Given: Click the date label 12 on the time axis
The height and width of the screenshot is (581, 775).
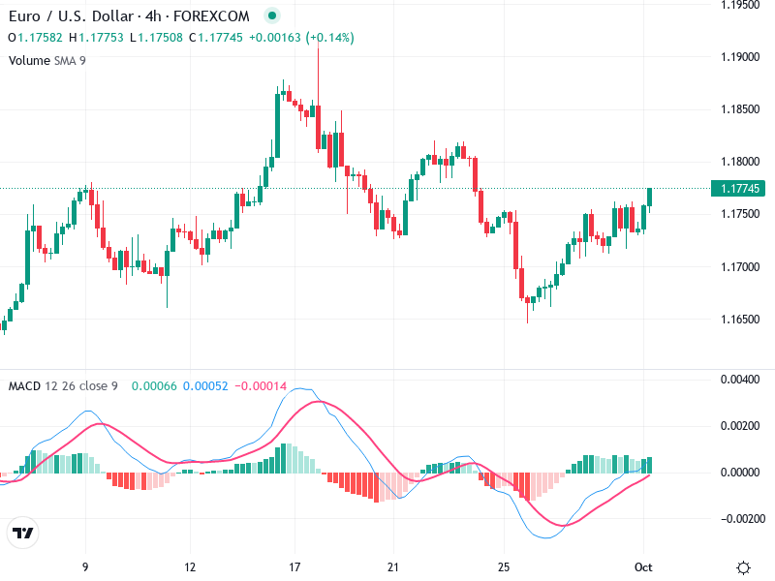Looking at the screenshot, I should [x=190, y=567].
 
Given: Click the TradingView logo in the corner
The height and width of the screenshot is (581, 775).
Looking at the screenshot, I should [x=22, y=534].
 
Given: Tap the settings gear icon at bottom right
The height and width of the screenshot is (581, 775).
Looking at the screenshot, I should [x=744, y=567].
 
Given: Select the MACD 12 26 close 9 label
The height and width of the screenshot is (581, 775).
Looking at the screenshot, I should [x=63, y=386].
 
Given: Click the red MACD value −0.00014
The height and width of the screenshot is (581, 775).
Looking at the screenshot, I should [x=262, y=386].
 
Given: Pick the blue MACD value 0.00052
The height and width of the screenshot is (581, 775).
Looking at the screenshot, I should [x=205, y=386].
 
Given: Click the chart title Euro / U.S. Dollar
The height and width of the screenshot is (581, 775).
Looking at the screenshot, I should [x=68, y=16].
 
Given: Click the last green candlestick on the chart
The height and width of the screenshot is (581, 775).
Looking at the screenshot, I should [x=650, y=198].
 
